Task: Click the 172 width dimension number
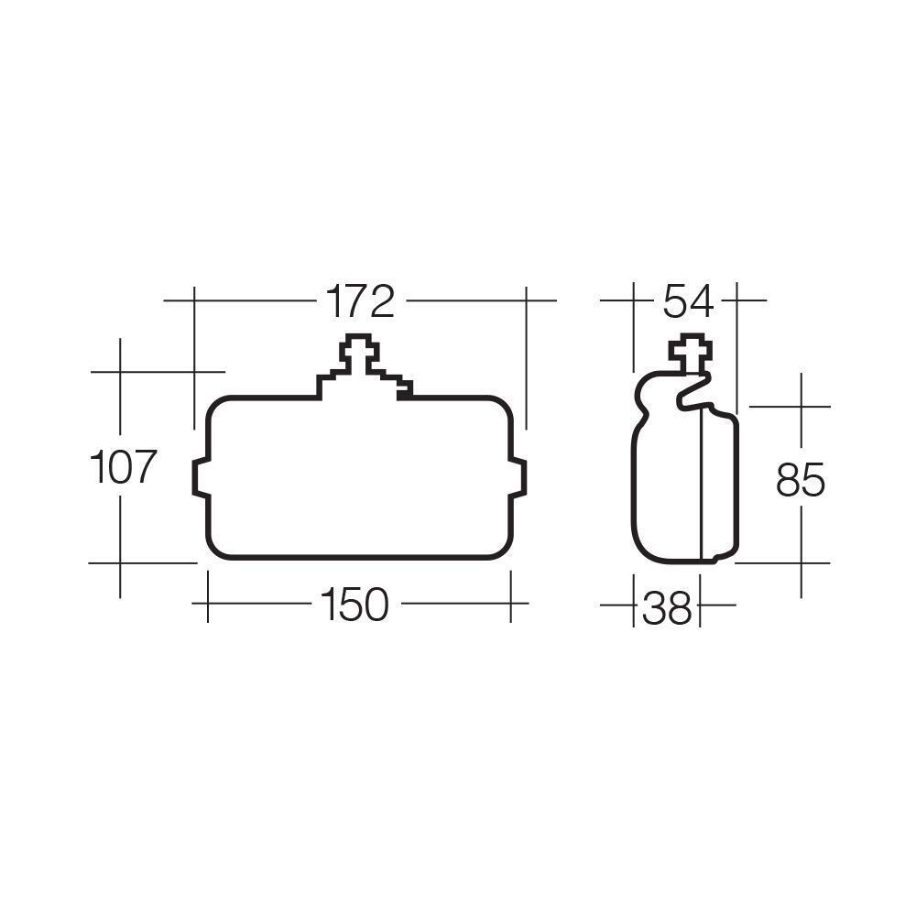point(360,301)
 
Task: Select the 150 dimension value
point(354,604)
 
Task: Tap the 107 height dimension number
point(123,467)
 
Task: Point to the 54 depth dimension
point(688,301)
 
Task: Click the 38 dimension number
point(667,607)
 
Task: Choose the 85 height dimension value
point(801,480)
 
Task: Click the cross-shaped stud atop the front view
point(360,353)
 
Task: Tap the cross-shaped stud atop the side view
point(691,352)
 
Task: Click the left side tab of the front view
point(201,478)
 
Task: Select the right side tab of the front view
point(518,478)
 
